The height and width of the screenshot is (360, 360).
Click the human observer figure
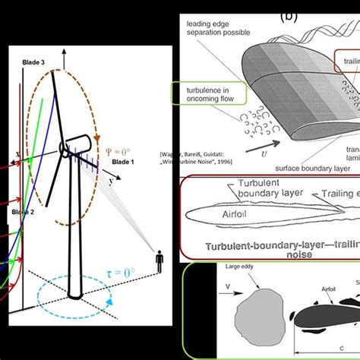160,263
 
